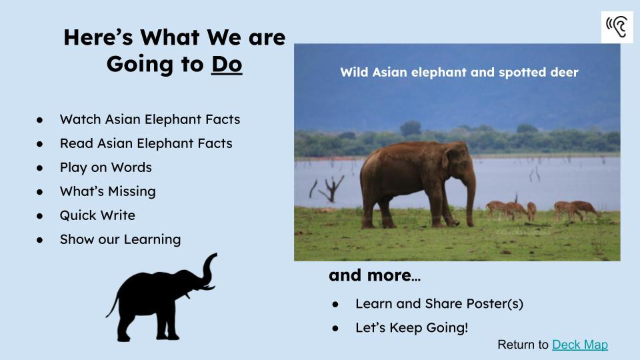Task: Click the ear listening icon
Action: coord(617,27)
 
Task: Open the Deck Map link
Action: coord(579,345)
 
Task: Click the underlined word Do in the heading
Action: coord(227,64)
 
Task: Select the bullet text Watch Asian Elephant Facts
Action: coord(150,119)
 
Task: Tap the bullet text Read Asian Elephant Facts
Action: coord(146,143)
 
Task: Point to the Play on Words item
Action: coord(106,167)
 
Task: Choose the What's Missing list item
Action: coord(108,191)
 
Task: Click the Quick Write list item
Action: coord(97,215)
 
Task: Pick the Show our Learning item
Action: coord(120,239)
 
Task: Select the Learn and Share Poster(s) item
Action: coord(439,304)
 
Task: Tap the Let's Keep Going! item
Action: coord(411,327)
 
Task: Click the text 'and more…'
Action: coord(374,275)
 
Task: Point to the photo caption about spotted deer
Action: coord(459,72)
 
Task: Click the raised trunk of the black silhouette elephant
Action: coord(209,269)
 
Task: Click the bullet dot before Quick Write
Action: coord(39,216)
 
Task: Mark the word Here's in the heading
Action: coord(99,37)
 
